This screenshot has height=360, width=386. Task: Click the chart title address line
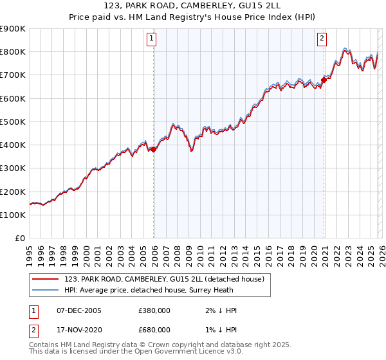pyautogui.click(x=193, y=6)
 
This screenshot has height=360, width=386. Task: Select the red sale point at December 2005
pyautogui.click(x=154, y=149)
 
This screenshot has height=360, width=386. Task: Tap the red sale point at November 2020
pyautogui.click(x=324, y=80)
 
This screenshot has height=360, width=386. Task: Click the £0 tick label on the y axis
pyautogui.click(x=21, y=238)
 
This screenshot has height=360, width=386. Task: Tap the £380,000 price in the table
pyautogui.click(x=154, y=310)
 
